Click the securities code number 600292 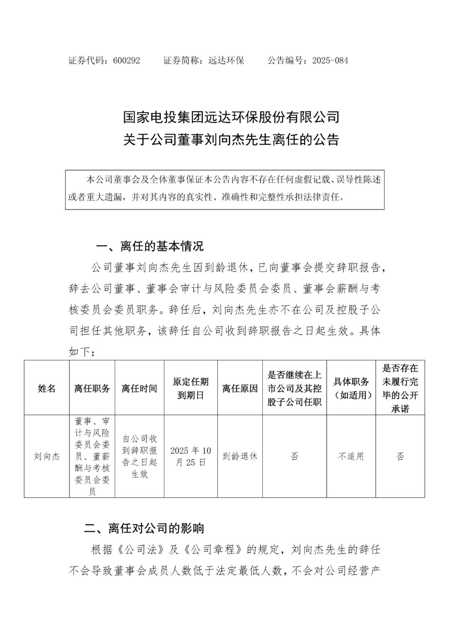pos(126,61)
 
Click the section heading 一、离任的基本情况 pos(150,246)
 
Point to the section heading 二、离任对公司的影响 pos(144,528)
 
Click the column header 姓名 pos(47,388)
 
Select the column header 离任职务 pos(92,388)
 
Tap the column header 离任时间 pos(139,388)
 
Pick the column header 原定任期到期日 pos(190,388)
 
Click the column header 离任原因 pos(240,388)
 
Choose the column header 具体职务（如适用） pos(351,388)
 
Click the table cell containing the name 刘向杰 pos(47,456)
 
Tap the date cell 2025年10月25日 pos(190,456)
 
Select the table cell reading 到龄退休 pos(240,456)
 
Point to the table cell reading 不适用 pos(351,456)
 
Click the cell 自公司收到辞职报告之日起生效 pos(139,456)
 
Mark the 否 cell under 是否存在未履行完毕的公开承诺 pos(400,456)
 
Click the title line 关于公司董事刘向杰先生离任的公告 pos(231,140)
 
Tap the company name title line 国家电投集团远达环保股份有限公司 pos(231,117)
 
